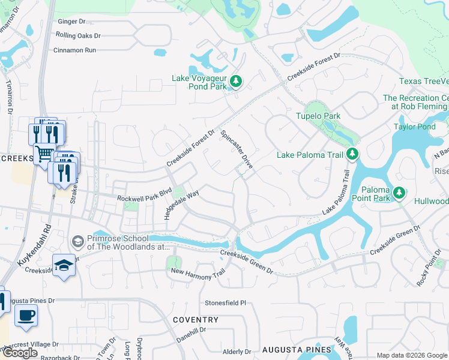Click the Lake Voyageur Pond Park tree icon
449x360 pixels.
[x=236, y=82]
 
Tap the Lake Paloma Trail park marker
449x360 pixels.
[x=352, y=155]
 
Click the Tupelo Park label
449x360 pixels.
[x=318, y=116]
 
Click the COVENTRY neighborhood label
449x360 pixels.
[x=196, y=320]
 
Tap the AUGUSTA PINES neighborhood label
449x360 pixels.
[x=296, y=349]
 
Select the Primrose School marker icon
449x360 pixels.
[x=77, y=241]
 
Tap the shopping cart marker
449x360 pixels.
[x=44, y=153]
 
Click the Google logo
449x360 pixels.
[x=20, y=353]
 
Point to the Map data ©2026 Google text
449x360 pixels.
[x=412, y=355]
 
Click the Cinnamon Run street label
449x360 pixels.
[x=74, y=50]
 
